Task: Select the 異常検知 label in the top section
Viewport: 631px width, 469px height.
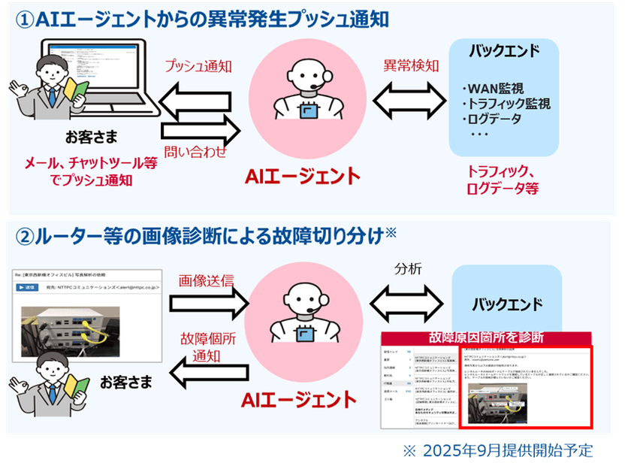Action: (412, 65)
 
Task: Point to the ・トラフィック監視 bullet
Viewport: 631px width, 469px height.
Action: (506, 104)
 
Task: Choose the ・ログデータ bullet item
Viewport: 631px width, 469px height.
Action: (491, 119)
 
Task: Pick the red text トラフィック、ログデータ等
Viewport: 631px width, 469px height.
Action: (501, 179)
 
